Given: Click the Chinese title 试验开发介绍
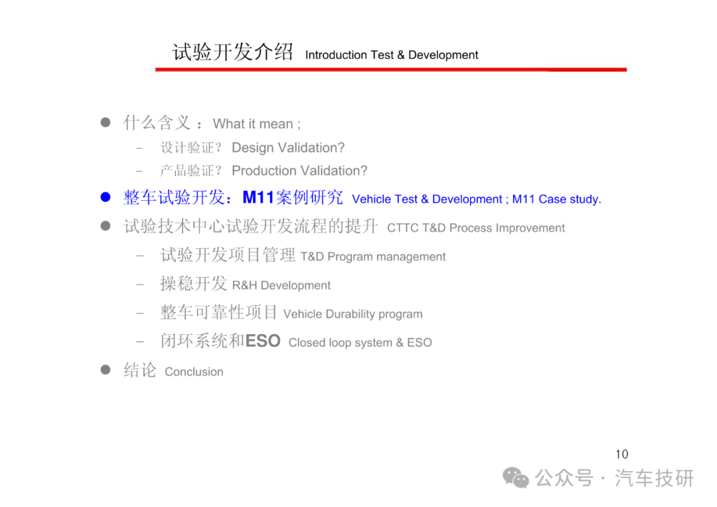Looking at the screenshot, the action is click(232, 52).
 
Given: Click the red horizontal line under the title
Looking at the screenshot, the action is click(391, 70).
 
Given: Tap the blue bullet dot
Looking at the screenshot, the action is click(106, 197).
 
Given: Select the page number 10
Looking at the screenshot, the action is click(622, 455).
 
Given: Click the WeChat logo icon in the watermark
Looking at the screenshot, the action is click(516, 478).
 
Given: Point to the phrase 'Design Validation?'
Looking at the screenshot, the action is click(288, 148).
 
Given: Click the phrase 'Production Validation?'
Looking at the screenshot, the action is click(299, 171).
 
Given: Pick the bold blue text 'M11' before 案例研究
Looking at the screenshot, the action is click(258, 197).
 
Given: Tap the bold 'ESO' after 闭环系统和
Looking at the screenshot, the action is click(263, 341).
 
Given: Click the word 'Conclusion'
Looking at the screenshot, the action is click(194, 371).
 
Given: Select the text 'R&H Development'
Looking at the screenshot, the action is click(281, 286).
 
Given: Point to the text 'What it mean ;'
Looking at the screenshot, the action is click(256, 124).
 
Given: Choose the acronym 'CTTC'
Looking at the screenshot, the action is click(402, 228).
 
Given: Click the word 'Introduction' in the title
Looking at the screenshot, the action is click(336, 55).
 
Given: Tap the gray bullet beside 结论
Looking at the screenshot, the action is click(106, 369).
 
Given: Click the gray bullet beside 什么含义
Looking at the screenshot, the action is click(106, 122).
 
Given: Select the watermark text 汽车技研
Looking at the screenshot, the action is click(655, 478).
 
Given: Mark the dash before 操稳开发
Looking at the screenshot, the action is click(140, 284).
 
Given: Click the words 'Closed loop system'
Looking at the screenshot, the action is click(341, 343).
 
